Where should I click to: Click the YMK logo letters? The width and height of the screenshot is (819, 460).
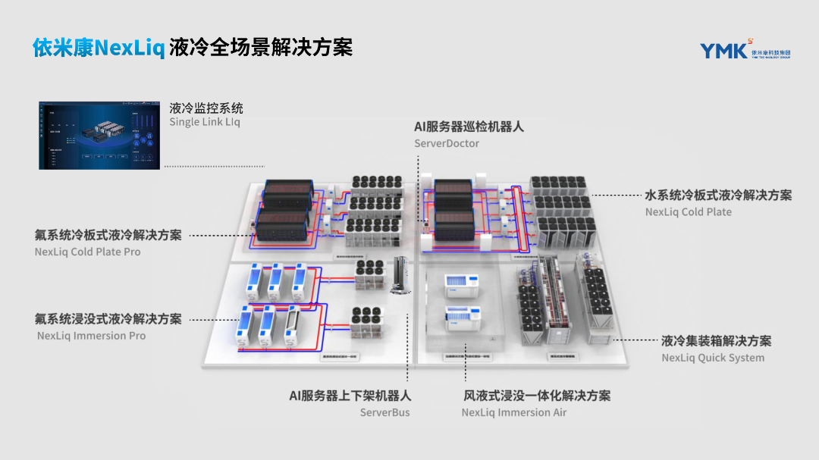724,51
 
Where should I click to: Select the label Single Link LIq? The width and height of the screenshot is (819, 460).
205,122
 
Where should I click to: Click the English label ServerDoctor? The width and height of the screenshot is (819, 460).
447,143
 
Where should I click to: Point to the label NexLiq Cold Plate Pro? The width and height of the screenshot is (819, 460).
87,252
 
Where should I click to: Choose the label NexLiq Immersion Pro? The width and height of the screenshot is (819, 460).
91,336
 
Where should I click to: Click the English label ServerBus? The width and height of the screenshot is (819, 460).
384,412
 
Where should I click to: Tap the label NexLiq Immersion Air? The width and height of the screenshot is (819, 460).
514,412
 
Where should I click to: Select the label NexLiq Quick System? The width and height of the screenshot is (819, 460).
713,358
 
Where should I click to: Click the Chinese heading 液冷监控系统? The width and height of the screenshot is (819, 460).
206,108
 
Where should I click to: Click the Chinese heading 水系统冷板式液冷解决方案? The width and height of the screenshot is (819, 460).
718,196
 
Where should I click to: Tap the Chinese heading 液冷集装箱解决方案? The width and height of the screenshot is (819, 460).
717,341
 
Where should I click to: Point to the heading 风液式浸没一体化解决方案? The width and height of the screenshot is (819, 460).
537,396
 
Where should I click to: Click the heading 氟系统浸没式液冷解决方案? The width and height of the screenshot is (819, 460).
108,319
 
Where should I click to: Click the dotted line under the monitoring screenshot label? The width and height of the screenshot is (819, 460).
215,166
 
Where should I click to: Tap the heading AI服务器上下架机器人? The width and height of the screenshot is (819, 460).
350,396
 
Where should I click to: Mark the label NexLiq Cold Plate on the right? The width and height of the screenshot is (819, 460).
689,212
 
